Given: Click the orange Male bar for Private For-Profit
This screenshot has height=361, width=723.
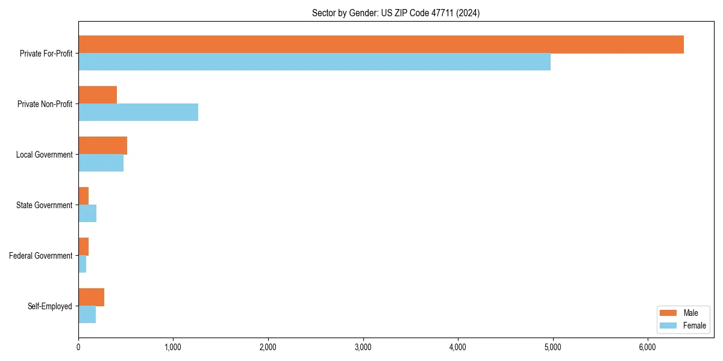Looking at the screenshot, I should [381, 45].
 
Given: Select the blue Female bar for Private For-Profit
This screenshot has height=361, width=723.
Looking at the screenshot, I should [315, 61].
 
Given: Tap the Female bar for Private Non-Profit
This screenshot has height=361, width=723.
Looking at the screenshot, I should [138, 112].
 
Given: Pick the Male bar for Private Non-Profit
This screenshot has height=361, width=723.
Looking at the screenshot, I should [98, 95].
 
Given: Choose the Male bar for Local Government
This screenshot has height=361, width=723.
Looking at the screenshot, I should [102, 146].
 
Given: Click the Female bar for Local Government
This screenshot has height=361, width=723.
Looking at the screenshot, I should [101, 162].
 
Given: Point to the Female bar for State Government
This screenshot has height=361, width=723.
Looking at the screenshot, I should [87, 213].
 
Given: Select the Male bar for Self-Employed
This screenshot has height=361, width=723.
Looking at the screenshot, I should [91, 297].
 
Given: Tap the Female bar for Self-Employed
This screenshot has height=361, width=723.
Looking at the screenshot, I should [87, 314].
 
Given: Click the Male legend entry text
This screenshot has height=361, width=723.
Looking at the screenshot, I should [690, 313].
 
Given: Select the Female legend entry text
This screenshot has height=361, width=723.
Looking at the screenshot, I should [694, 326].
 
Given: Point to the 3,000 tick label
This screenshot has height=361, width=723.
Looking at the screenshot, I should [363, 347].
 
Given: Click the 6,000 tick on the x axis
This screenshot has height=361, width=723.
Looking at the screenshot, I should [647, 347].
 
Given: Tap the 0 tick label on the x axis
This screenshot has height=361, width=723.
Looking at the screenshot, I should [78, 347].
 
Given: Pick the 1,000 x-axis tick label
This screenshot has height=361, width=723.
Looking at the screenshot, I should [173, 347].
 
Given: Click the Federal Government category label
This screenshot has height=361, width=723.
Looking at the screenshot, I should [41, 256].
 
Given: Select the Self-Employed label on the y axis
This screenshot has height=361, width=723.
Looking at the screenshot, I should [50, 306].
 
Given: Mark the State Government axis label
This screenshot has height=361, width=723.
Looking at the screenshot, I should [45, 205].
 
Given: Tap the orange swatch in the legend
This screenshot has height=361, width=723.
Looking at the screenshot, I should [669, 313].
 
